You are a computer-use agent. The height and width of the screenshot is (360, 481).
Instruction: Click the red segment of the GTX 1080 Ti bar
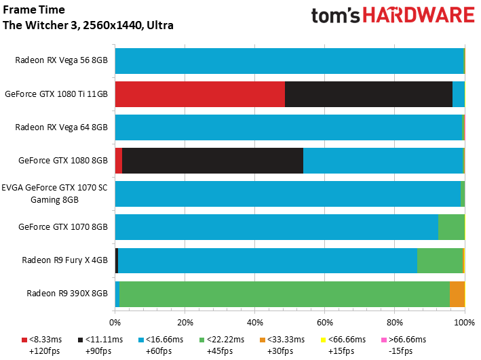tap(199, 94)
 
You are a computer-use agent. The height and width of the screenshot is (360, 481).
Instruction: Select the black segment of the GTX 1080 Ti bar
tap(368, 94)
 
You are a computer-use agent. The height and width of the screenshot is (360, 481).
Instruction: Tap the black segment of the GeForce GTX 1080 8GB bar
tap(212, 160)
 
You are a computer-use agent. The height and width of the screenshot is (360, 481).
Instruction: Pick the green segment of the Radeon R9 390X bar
tap(284, 294)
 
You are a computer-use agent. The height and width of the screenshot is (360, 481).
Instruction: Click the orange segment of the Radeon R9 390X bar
tap(457, 294)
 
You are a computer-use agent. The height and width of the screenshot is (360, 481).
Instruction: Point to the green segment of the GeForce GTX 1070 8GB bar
tap(451, 226)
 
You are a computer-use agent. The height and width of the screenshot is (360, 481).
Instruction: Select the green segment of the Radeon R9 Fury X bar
tap(440, 260)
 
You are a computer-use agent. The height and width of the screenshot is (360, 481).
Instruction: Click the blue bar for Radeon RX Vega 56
tap(289, 60)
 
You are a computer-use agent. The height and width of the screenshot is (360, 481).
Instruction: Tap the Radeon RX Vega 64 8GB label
tap(61, 127)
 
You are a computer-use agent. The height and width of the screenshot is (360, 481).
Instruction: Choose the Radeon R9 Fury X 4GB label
tap(64, 260)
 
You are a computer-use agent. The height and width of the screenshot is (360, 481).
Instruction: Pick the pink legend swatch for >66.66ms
tap(383, 340)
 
